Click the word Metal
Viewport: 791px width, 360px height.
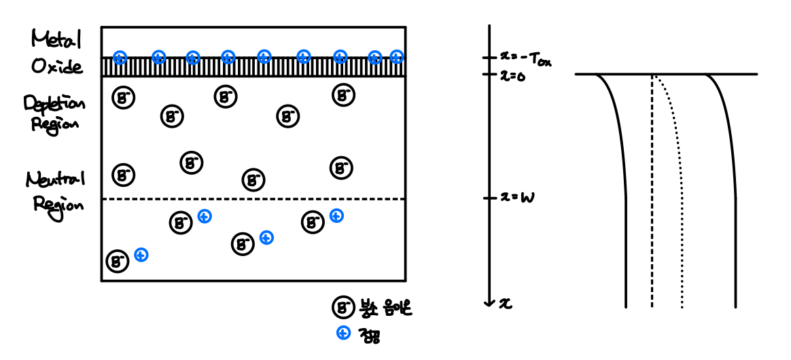[56, 41]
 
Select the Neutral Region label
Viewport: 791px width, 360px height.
[56, 191]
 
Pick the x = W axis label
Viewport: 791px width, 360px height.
[517, 198]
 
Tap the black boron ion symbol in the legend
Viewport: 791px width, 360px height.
[341, 308]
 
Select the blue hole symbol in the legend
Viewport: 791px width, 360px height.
[343, 333]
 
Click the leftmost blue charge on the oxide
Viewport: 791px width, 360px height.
[120, 57]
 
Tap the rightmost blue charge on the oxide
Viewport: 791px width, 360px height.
[397, 57]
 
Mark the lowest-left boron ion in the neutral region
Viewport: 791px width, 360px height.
[118, 261]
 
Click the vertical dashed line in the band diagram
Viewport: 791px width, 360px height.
[652, 204]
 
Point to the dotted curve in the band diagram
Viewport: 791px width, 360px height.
[680, 204]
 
